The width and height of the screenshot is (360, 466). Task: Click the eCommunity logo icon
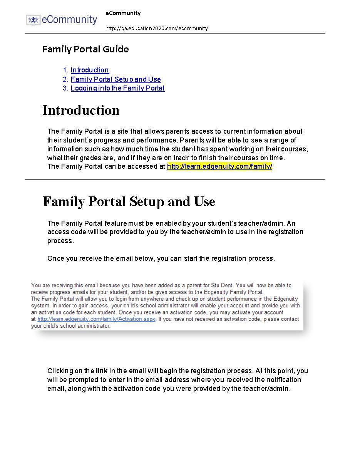pos(33,20)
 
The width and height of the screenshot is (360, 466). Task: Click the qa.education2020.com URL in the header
pos(156,28)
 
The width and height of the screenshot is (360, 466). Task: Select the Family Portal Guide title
pos(85,49)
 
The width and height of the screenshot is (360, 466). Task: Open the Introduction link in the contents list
pos(90,70)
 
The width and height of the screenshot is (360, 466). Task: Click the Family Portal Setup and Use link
pos(116,79)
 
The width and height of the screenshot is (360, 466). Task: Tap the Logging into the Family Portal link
pos(117,88)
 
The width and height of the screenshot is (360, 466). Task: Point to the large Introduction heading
pos(81,110)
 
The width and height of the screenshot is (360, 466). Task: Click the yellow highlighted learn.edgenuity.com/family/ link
pos(219,166)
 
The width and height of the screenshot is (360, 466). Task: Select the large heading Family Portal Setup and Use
pos(129,201)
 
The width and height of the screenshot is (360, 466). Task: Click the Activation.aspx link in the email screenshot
pos(96,319)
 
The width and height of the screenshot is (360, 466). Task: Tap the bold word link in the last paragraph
pos(102,371)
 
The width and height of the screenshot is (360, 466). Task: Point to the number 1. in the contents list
pos(65,70)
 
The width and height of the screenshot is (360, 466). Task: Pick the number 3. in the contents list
pos(65,88)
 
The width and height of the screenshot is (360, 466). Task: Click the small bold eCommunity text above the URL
pos(123,13)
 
